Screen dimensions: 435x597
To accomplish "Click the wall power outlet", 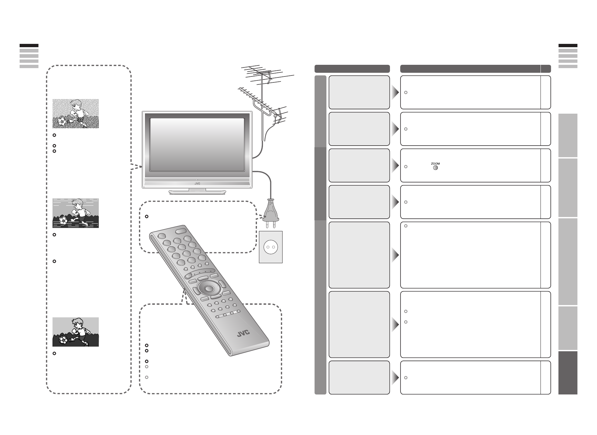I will pos(270,247).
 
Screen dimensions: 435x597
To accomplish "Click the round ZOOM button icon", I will pos(435,167).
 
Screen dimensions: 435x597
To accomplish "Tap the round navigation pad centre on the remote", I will pos(208,288).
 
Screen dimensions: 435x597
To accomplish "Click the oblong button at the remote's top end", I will pos(180,230).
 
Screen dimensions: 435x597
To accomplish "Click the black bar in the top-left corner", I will pos(29,46).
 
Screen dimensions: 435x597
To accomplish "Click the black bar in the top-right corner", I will pos(568,46).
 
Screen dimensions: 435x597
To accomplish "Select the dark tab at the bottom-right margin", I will pos(568,373).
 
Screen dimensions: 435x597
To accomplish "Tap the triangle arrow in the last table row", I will pos(395,378).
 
